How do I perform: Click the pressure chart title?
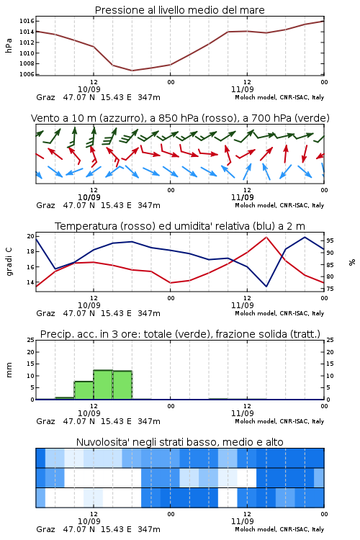(x=179, y=10)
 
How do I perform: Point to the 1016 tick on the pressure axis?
(x=27, y=21)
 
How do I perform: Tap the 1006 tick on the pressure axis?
(x=27, y=74)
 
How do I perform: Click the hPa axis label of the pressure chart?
(x=9, y=45)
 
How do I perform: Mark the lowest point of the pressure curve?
(x=132, y=71)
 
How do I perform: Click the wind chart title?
(x=180, y=118)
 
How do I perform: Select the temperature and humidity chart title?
(x=180, y=226)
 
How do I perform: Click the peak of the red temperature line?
(x=266, y=237)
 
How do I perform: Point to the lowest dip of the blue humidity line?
(x=266, y=287)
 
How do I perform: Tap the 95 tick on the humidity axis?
(x=330, y=240)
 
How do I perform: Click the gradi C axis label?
(x=9, y=261)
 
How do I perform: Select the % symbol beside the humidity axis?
(x=352, y=262)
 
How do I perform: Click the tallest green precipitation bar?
(x=103, y=384)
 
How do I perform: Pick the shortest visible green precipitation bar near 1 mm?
(x=65, y=398)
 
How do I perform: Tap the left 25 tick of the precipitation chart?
(x=31, y=340)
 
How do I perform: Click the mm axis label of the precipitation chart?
(x=9, y=370)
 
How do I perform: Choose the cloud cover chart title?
(x=179, y=442)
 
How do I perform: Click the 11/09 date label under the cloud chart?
(x=242, y=521)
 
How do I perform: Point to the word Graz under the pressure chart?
(x=45, y=97)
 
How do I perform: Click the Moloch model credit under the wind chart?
(x=279, y=205)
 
